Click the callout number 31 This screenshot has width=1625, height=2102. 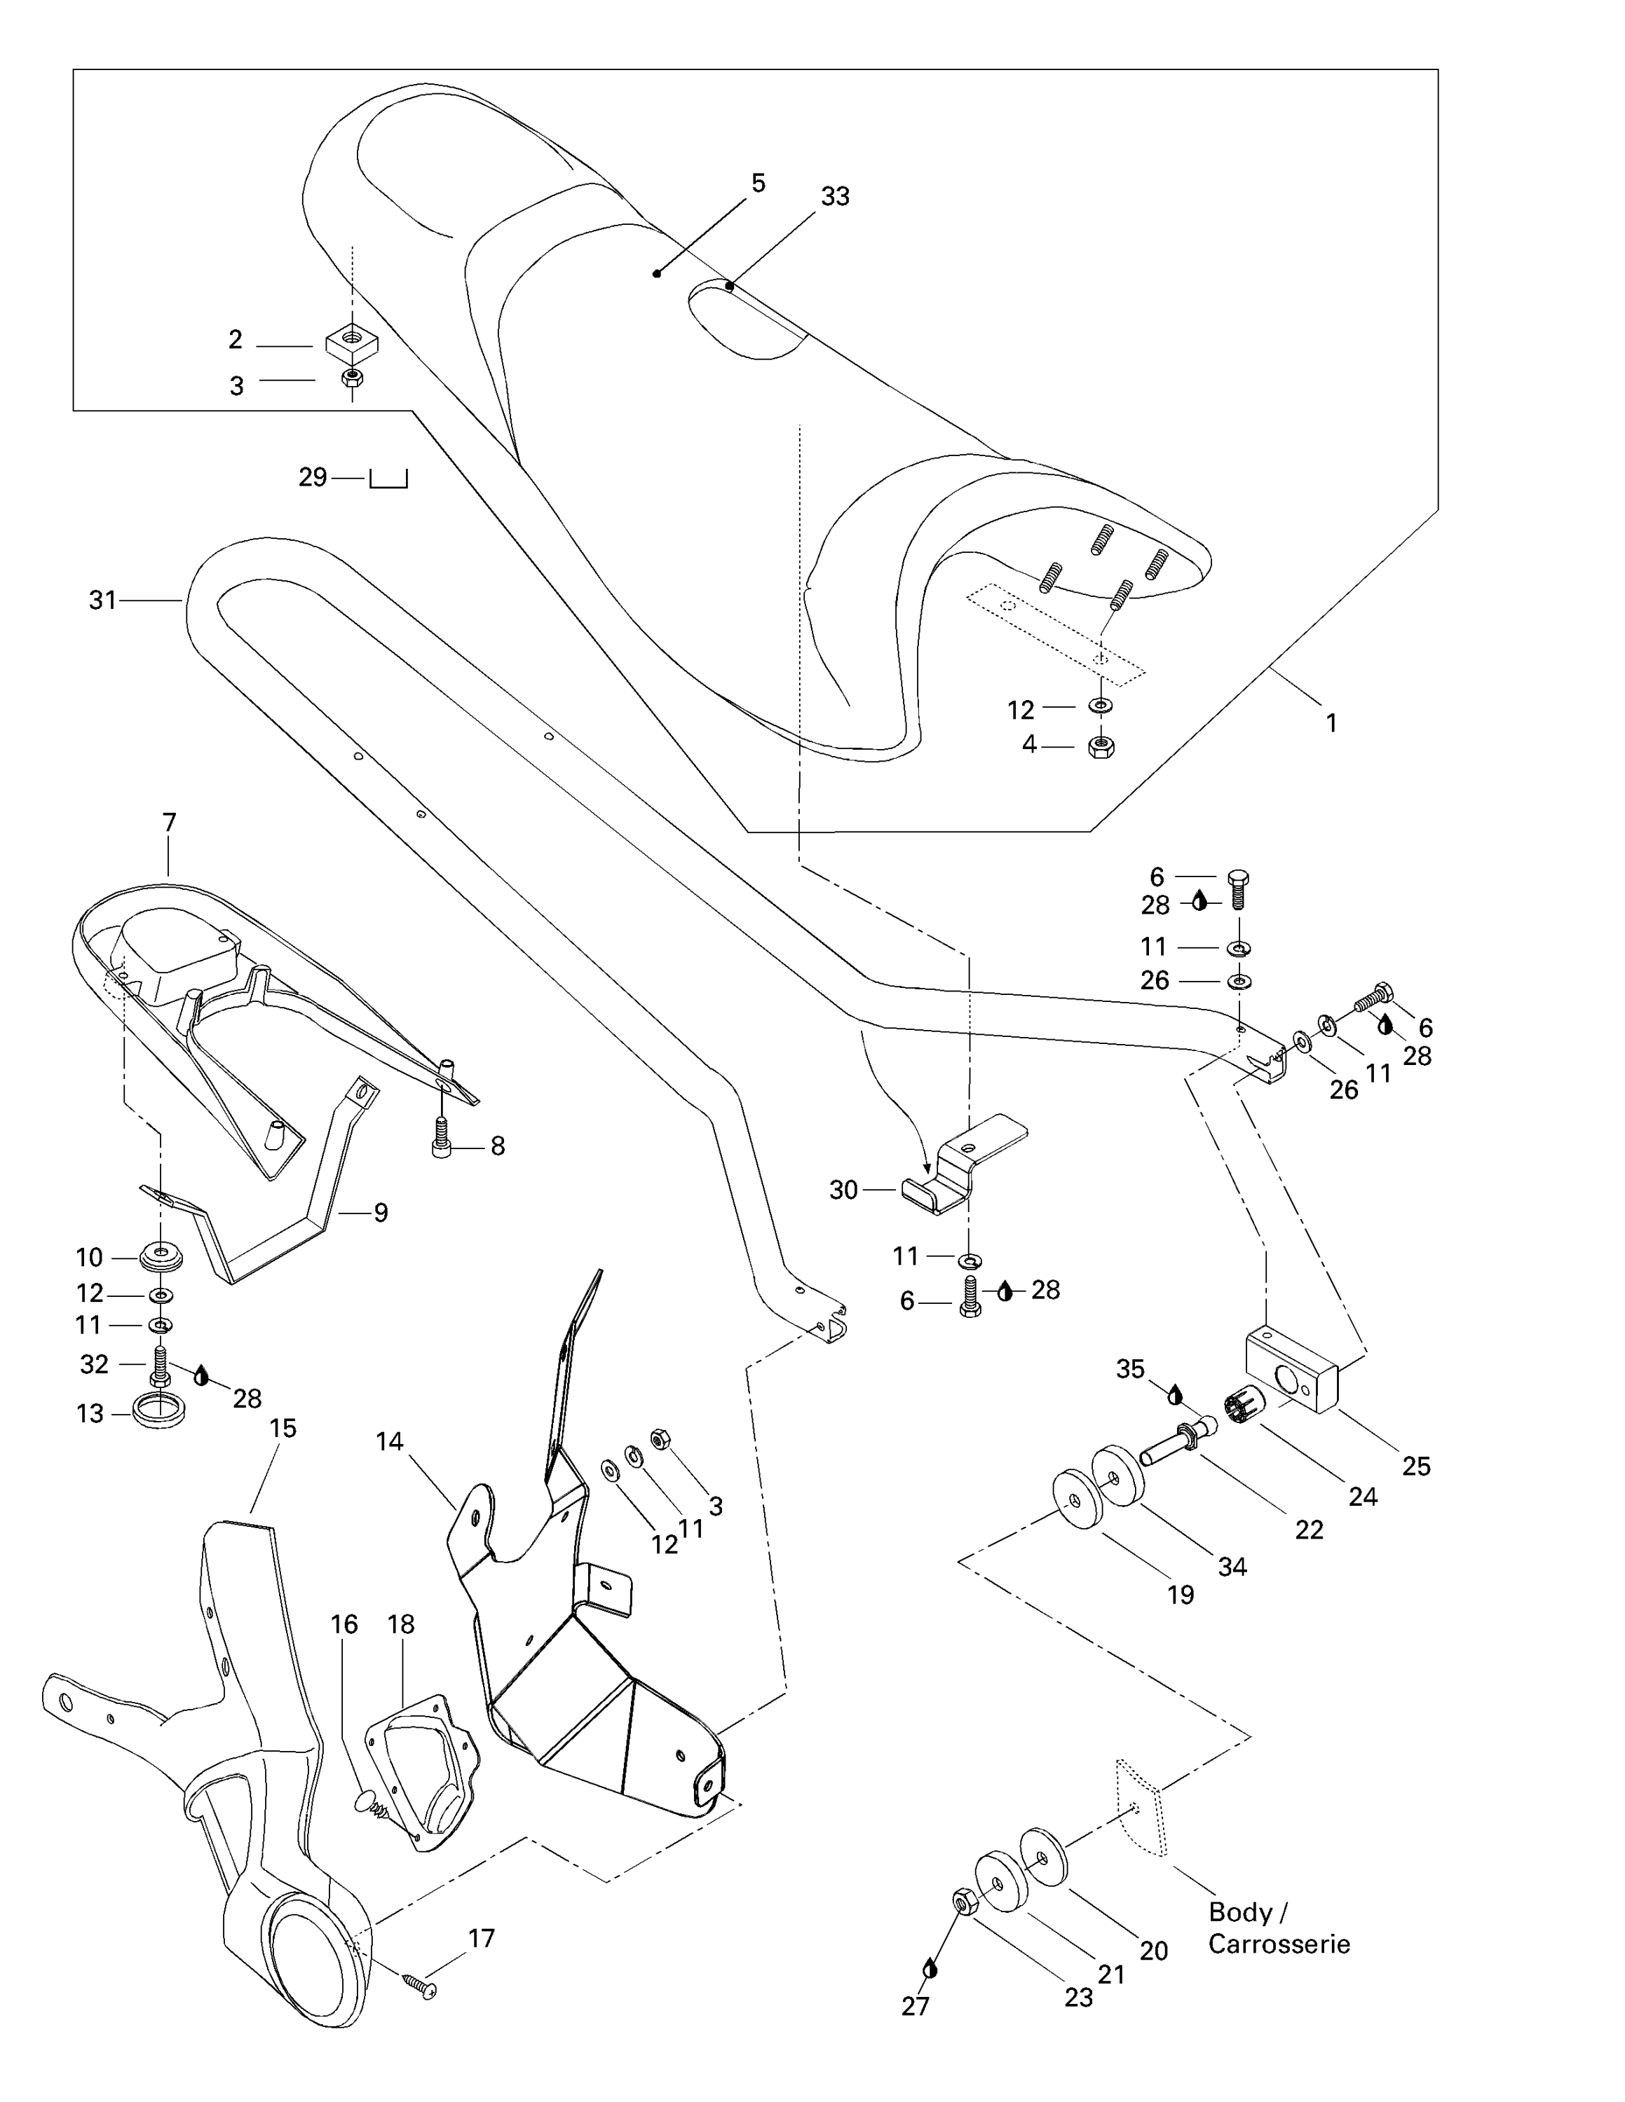102,600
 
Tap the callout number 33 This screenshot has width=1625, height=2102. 835,196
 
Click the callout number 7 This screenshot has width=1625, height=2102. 170,823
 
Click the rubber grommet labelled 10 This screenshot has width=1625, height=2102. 161,1256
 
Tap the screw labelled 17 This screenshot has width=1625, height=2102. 420,1986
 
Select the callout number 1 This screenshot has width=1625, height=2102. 1331,723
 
